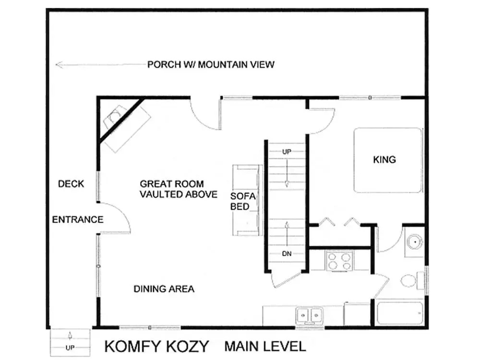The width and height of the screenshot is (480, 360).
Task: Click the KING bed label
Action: tap(384, 159)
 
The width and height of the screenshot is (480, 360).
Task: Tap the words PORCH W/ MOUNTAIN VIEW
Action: tap(211, 65)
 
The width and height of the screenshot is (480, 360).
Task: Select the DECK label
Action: tap(71, 184)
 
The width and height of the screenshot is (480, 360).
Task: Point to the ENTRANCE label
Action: tap(78, 219)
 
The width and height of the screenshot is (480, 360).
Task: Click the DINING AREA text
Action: tap(164, 288)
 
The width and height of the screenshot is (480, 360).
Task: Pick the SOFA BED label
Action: tap(243, 201)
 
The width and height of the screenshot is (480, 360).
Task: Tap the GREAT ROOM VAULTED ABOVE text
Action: tap(179, 189)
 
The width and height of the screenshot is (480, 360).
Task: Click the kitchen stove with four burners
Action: tap(339, 261)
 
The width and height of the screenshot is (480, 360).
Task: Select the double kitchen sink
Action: tap(309, 315)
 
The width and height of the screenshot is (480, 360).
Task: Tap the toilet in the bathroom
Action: tap(412, 280)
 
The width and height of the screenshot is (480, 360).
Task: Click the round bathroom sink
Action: tap(415, 242)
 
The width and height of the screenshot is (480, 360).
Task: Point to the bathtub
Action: tap(400, 313)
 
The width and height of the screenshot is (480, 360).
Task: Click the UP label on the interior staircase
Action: tap(287, 152)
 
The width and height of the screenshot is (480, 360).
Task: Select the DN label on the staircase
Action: tap(287, 253)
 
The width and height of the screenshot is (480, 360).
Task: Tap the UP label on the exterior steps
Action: tap(70, 348)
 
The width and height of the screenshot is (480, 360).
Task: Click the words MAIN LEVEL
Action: tap(265, 346)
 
